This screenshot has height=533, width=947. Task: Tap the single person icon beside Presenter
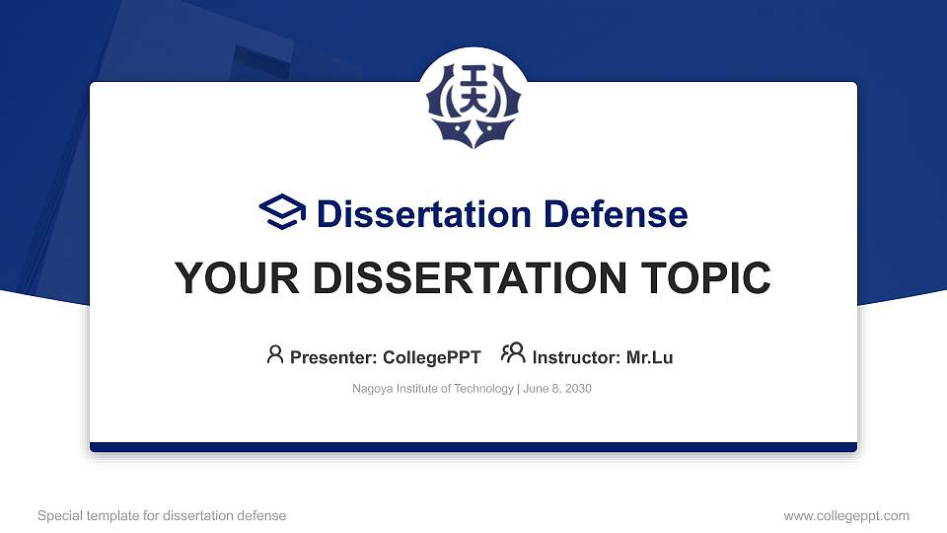point(275,354)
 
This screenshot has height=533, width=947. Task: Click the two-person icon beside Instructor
point(513,354)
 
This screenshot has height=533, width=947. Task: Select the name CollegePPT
point(432,357)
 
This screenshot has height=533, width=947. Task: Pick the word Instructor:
point(576,357)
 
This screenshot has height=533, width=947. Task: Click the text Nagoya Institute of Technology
point(433,389)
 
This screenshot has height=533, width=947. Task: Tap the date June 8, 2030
point(557,389)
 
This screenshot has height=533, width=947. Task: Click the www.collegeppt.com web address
point(846,515)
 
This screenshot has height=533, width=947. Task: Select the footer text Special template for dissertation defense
point(162,515)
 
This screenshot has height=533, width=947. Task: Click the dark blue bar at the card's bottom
point(473,447)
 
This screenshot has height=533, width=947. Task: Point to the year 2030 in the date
point(578,389)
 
